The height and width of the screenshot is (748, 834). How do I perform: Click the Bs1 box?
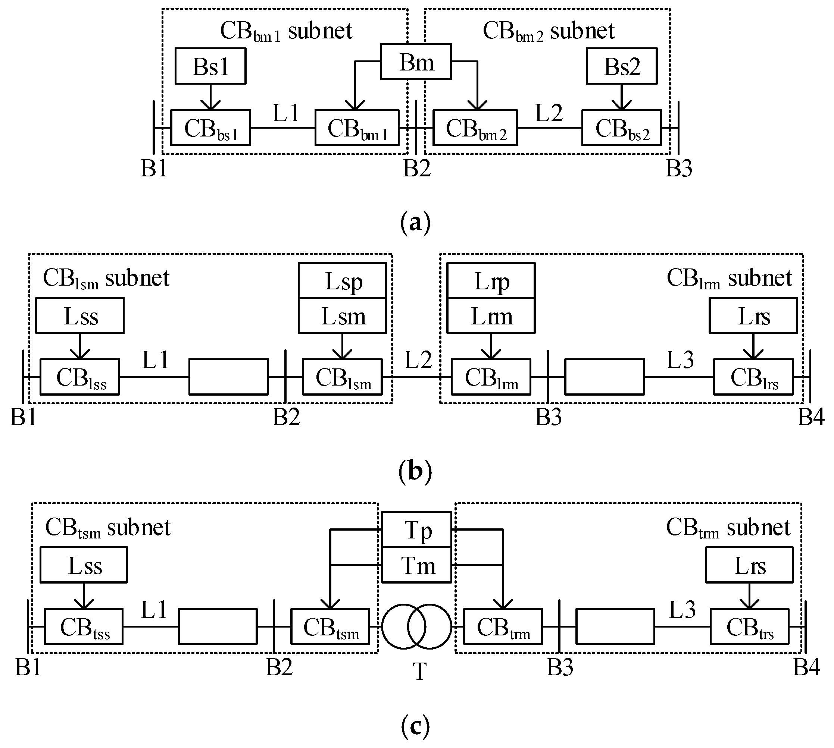click(x=210, y=66)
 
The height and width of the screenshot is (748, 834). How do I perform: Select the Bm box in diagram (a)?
click(x=416, y=62)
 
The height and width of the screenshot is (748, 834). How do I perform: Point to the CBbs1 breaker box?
click(x=210, y=128)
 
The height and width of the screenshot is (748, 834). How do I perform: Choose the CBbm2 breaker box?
click(x=475, y=128)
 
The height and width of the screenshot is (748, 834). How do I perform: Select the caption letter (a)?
click(x=415, y=222)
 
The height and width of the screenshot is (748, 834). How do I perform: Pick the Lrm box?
click(x=491, y=315)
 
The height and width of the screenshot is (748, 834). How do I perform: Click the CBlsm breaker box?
click(x=342, y=377)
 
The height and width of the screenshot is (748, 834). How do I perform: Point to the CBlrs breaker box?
click(x=753, y=377)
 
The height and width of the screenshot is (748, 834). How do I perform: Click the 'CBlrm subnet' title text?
click(x=729, y=278)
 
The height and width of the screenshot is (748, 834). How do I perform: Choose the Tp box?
click(x=416, y=530)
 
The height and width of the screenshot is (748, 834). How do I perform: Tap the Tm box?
click(x=416, y=565)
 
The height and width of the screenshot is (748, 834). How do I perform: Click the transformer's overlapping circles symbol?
click(x=416, y=626)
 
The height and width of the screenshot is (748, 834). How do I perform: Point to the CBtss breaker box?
click(x=84, y=626)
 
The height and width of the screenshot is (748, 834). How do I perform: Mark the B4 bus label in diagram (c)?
click(x=806, y=667)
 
